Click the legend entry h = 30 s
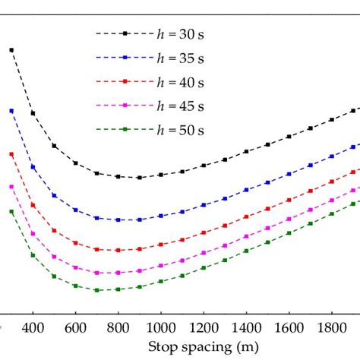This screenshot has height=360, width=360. click(179, 34)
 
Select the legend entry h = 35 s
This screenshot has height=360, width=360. click(179, 58)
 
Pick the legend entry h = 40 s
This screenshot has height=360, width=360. click(179, 82)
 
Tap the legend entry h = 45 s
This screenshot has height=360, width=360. click(179, 106)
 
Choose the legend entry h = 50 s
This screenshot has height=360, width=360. click(179, 130)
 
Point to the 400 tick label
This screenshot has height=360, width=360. click(33, 328)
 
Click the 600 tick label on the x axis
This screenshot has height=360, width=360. click(75, 328)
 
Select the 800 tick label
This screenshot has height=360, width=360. click(118, 328)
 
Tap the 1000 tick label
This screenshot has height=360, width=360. click(160, 328)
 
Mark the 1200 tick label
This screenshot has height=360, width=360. click(204, 328)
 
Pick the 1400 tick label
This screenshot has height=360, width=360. click(246, 328)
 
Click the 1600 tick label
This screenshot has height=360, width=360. click(289, 328)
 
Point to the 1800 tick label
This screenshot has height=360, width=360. click(331, 328)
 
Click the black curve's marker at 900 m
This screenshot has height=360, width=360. click(140, 178)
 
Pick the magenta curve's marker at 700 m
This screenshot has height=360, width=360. click(96, 272)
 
